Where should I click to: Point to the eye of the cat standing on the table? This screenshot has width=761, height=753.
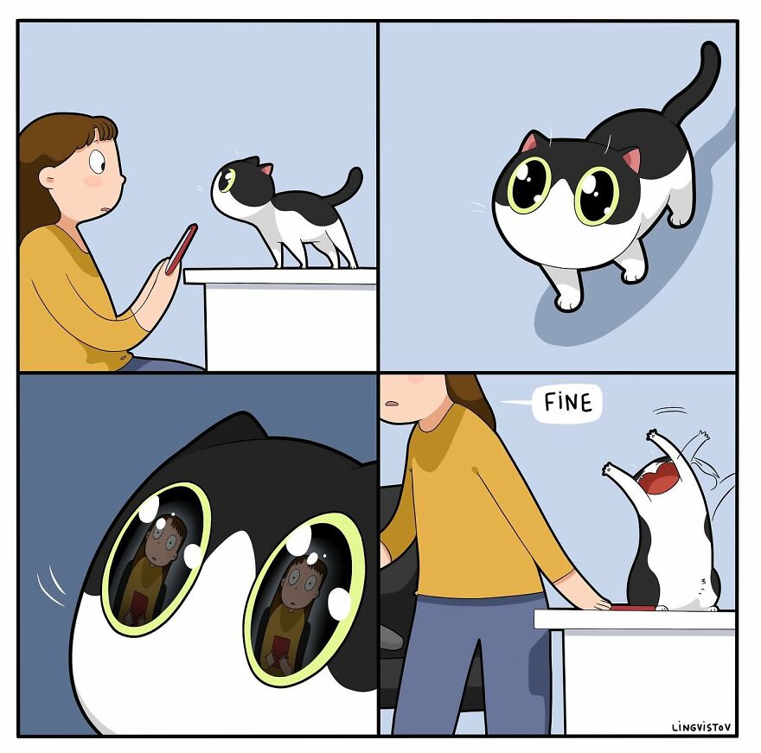coord(228,181)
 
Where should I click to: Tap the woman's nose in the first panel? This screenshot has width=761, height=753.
coord(121,179)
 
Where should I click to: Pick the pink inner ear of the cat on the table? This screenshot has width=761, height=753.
coord(267,169)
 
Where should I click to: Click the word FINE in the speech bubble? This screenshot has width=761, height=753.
coord(568,404)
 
